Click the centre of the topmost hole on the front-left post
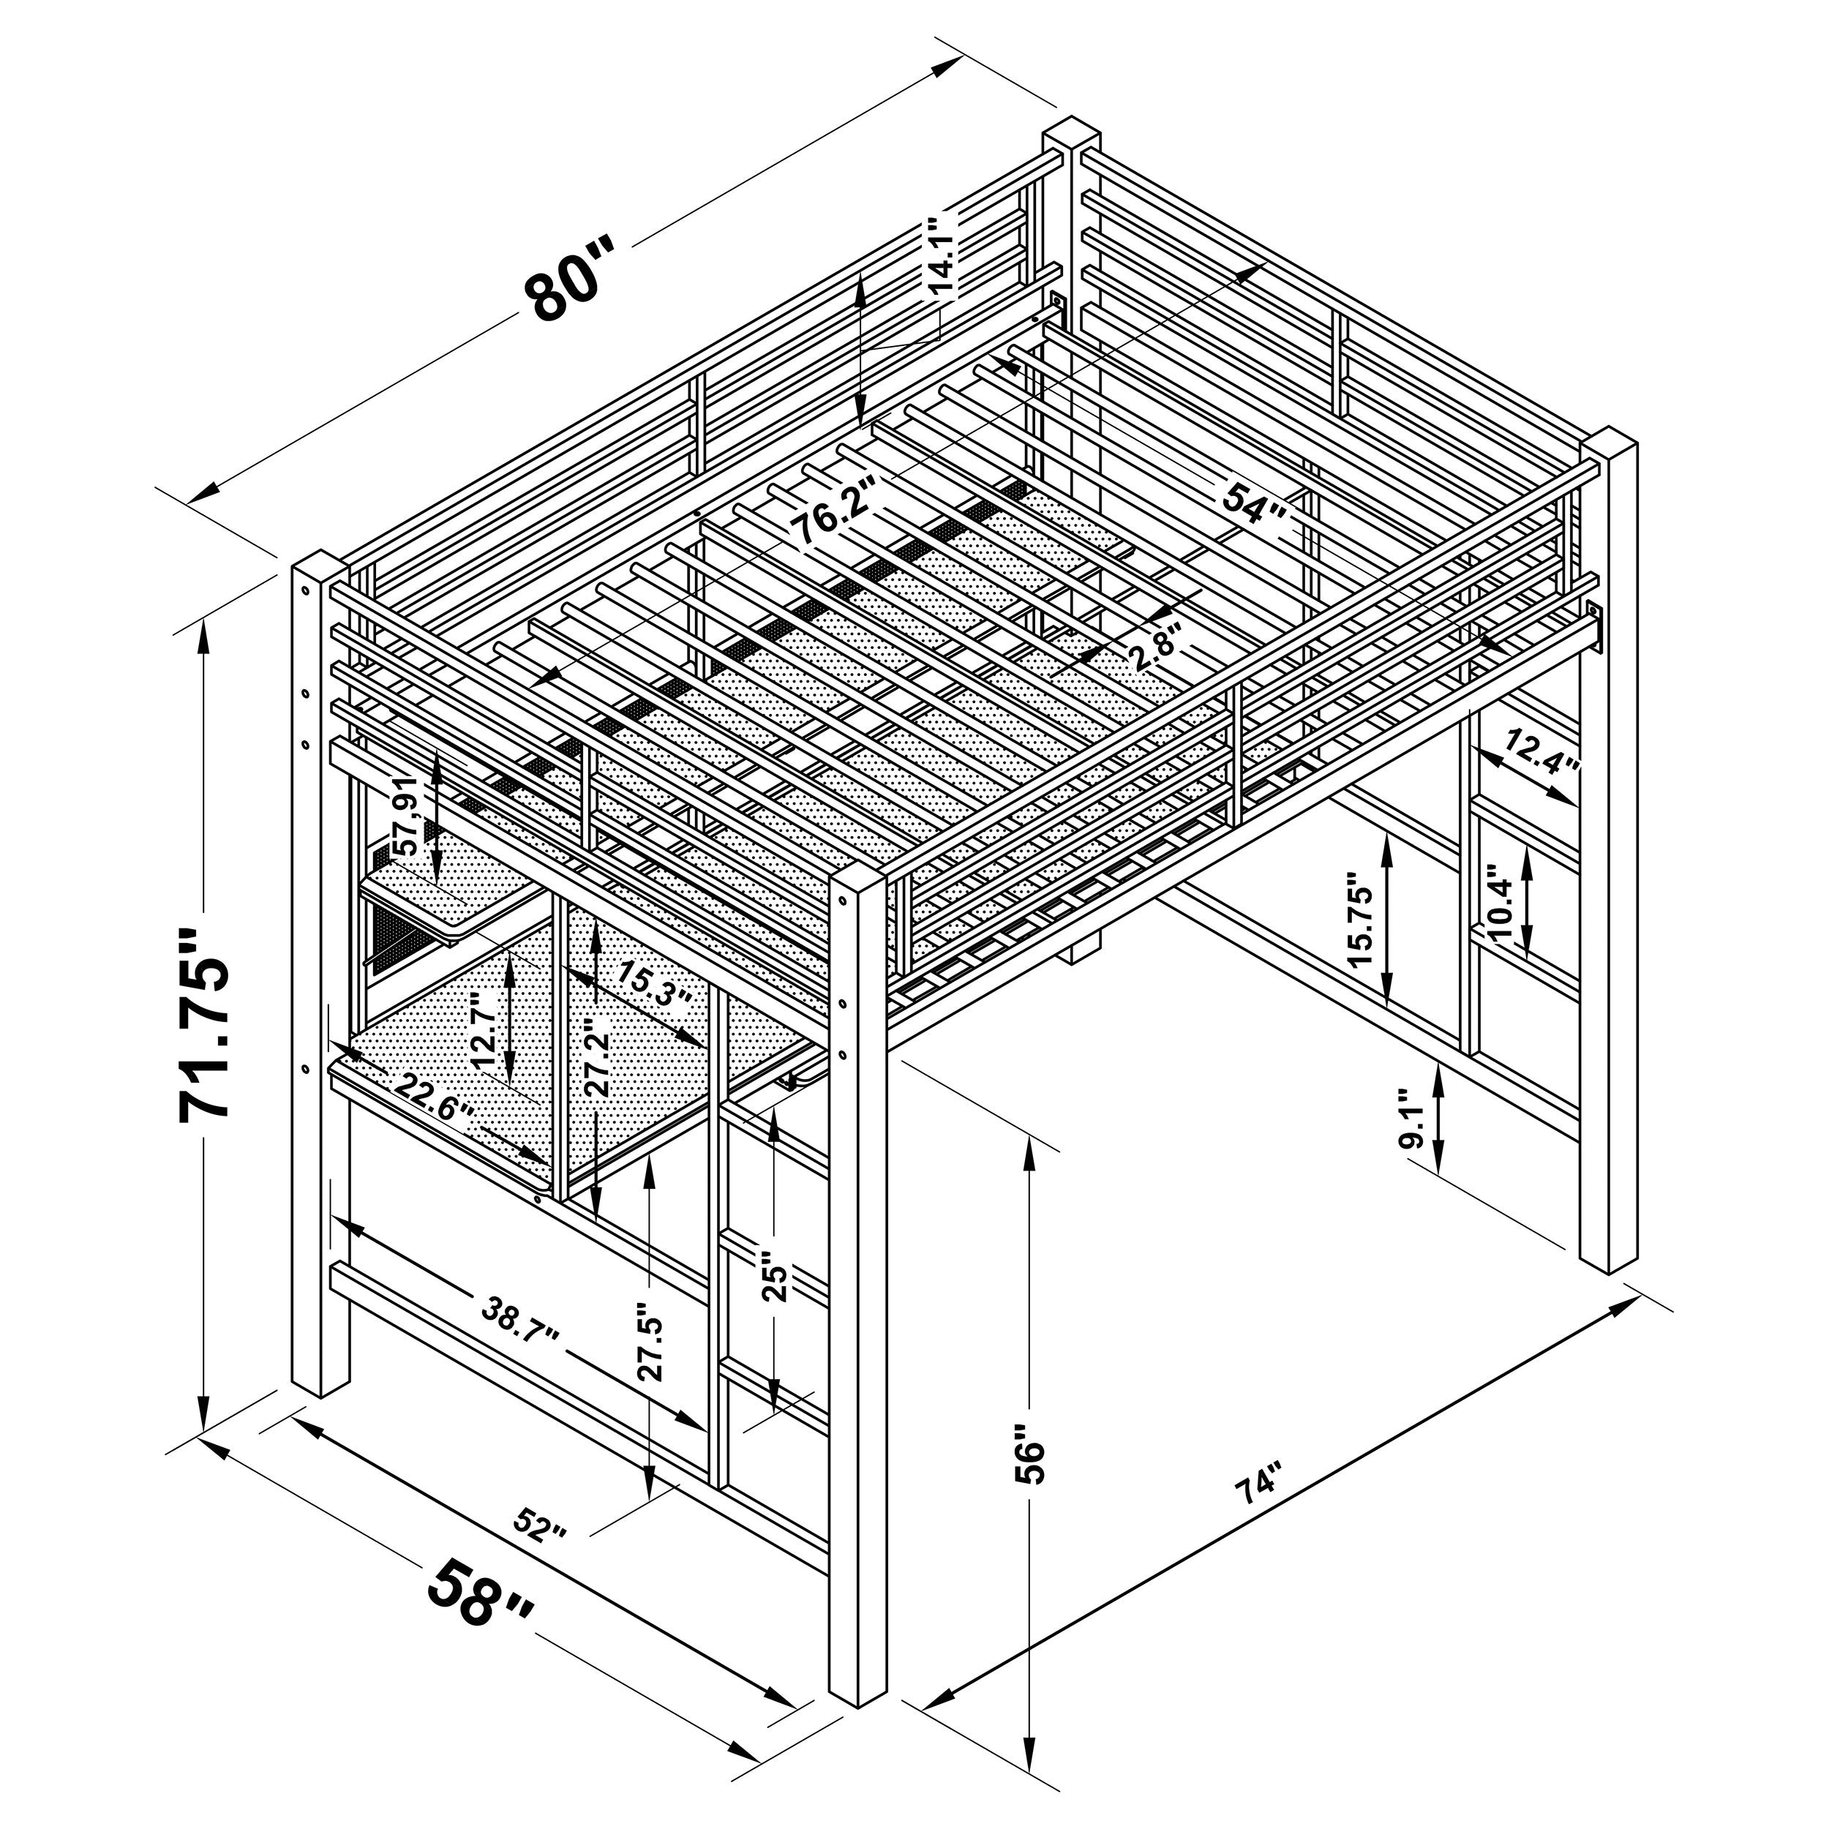click(x=306, y=590)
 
